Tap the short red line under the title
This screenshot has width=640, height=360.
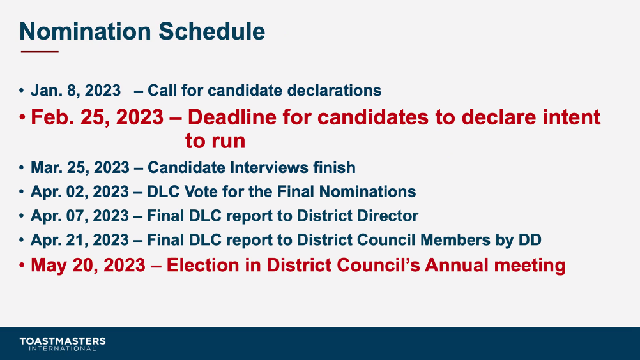click(40, 52)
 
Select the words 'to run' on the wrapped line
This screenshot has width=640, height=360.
click(215, 140)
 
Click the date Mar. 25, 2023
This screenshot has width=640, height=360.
click(80, 168)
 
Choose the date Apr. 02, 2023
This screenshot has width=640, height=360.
click(80, 191)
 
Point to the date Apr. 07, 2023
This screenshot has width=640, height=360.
click(80, 216)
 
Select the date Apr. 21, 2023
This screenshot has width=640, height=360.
click(80, 240)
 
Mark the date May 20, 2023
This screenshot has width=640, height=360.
click(88, 265)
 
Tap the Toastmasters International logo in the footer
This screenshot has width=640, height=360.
click(63, 343)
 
